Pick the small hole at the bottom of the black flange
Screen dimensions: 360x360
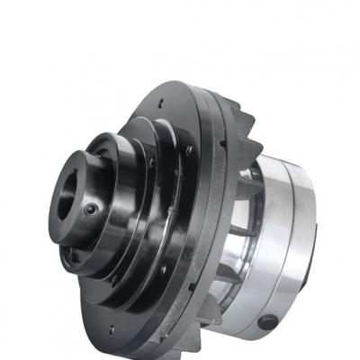coord(112,329)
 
